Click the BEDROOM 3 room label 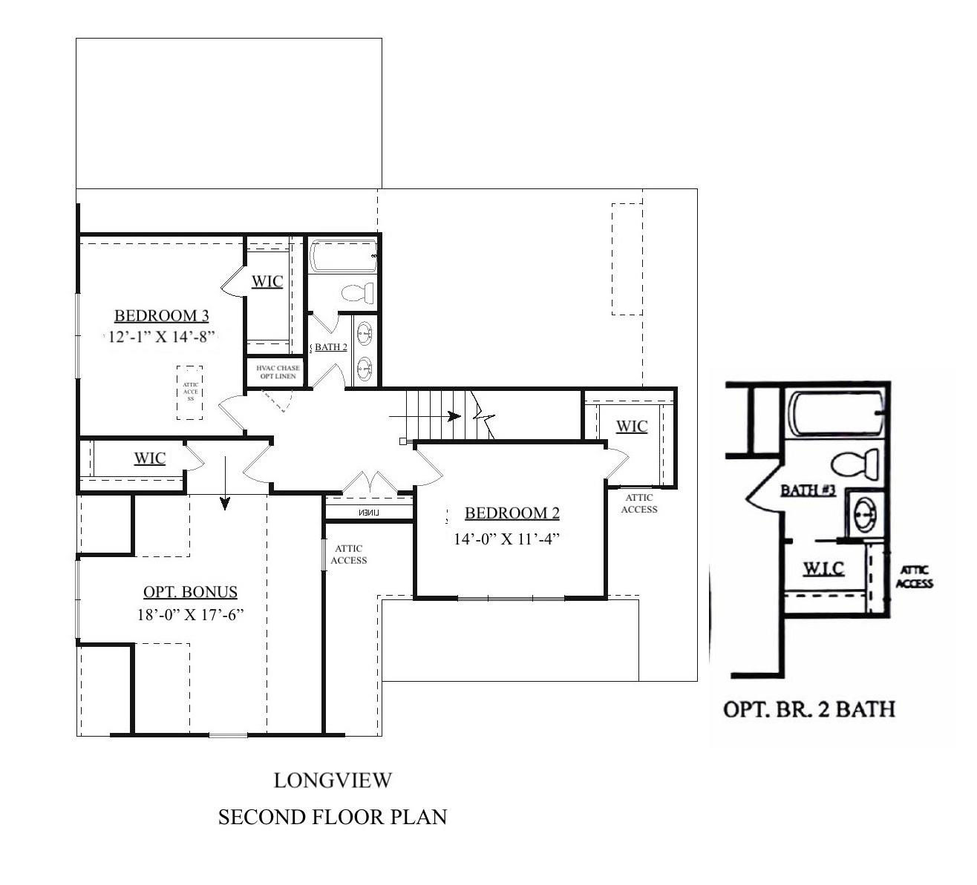point(161,316)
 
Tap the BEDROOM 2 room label point(512,513)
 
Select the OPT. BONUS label point(190,592)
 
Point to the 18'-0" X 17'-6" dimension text point(190,615)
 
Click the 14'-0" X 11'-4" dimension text point(506,539)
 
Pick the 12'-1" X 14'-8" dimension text point(161,337)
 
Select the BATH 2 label point(331,347)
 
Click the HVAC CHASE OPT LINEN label point(278,372)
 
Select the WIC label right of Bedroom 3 point(267,282)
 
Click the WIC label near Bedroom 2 point(632,427)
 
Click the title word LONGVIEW point(332,780)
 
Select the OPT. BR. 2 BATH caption point(808,709)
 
